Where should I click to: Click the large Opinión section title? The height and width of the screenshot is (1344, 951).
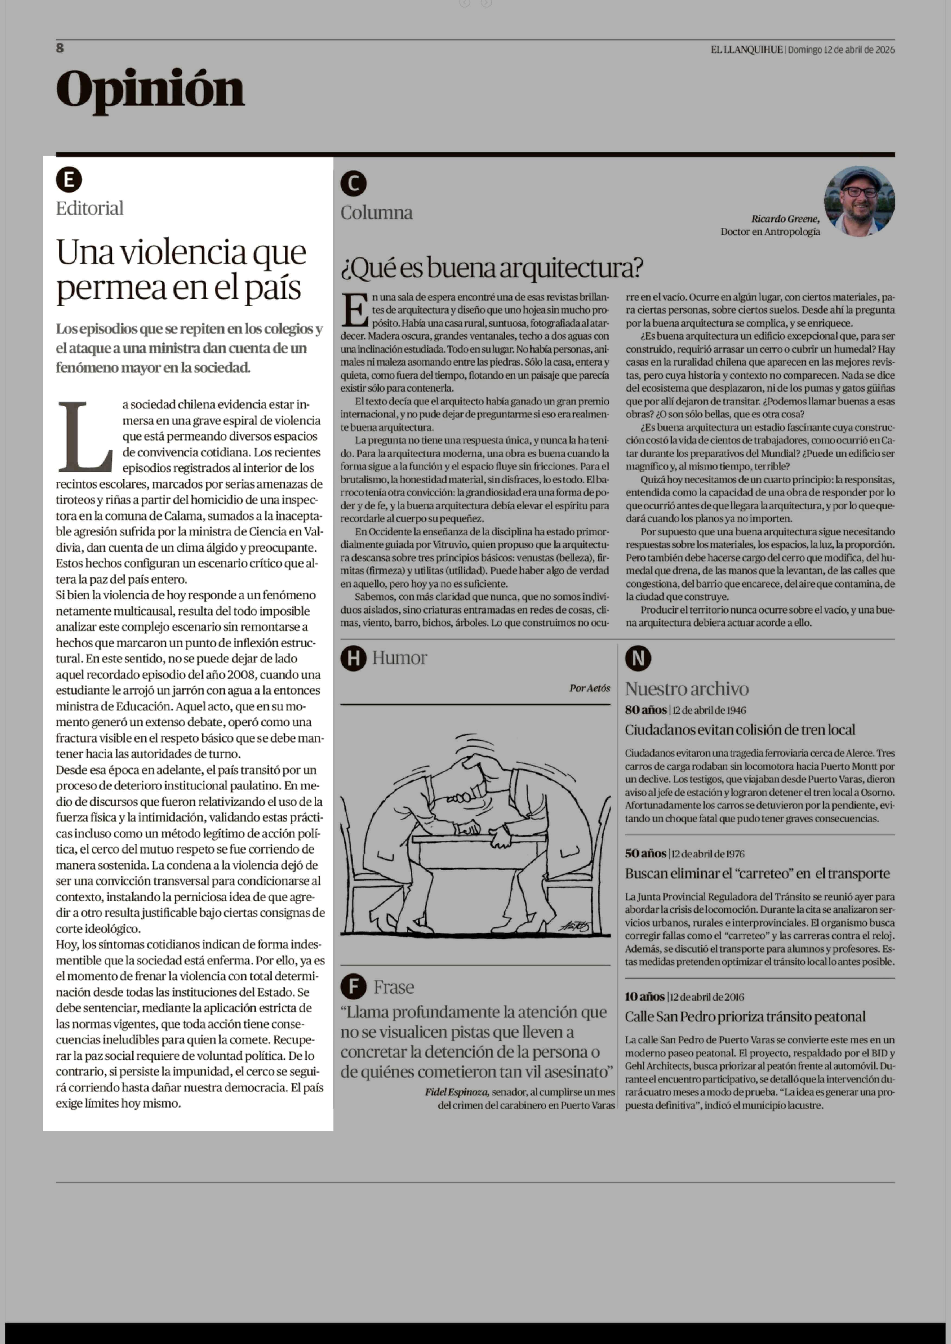(x=150, y=90)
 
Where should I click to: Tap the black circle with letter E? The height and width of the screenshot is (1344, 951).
(x=69, y=180)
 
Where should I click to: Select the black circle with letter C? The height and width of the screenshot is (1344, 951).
(x=353, y=184)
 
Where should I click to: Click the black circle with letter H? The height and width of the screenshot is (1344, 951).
(x=353, y=658)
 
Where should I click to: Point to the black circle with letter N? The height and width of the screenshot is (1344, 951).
(x=638, y=658)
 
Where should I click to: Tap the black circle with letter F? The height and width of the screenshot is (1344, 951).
(x=353, y=987)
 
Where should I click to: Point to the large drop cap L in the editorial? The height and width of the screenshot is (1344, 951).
(x=85, y=436)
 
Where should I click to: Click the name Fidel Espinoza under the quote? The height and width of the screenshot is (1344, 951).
(x=457, y=1092)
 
